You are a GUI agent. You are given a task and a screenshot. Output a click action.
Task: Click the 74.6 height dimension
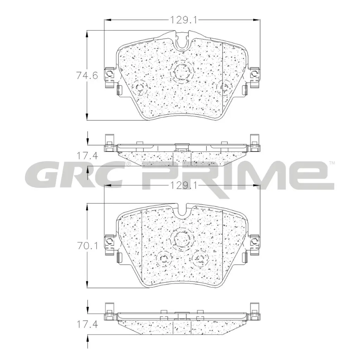coord(87,75)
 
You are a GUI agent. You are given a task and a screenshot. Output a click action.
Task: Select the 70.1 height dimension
coord(87,246)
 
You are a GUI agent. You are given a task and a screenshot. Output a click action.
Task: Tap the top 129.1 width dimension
coord(183,20)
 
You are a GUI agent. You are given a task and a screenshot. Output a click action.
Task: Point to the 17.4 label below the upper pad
coord(87,156)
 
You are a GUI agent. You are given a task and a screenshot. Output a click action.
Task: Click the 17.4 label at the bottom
coord(87,324)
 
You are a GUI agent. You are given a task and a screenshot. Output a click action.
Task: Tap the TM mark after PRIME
coord(332,163)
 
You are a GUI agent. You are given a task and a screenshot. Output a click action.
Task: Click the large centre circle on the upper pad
coord(182,72)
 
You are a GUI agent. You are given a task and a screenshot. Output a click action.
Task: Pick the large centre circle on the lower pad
coord(182,239)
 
